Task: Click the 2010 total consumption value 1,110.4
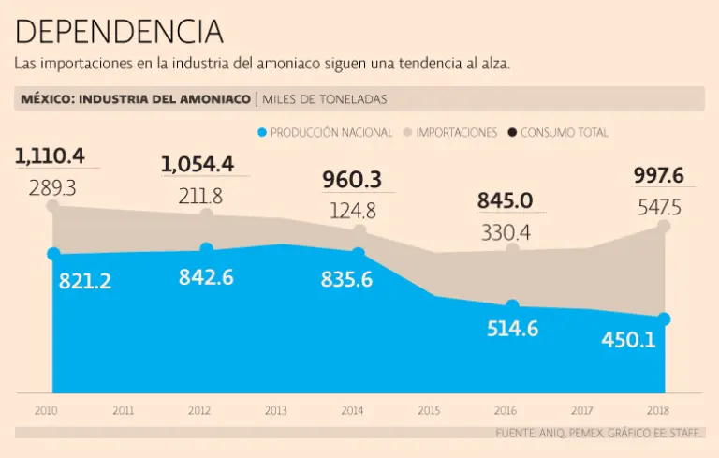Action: click(50, 155)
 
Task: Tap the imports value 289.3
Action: click(52, 187)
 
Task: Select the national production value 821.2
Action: click(85, 280)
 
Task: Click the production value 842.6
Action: click(206, 277)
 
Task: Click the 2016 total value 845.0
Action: click(505, 200)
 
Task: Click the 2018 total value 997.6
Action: click(659, 175)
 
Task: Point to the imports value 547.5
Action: click(659, 207)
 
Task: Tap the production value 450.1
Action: click(628, 339)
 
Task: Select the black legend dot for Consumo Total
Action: click(512, 133)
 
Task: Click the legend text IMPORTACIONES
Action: click(456, 133)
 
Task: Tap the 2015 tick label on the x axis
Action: click(429, 410)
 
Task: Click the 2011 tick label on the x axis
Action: click(123, 410)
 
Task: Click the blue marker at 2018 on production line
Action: click(665, 318)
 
